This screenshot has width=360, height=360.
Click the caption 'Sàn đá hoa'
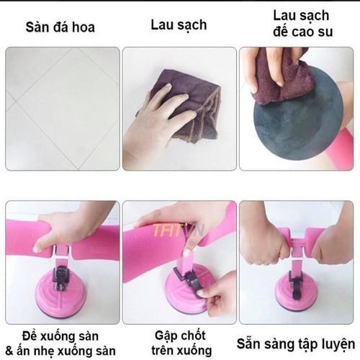[60, 27]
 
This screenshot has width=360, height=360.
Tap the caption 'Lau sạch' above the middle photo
[179, 25]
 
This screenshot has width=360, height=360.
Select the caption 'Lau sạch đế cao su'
[302, 24]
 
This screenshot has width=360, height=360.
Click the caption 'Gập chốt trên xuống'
[181, 343]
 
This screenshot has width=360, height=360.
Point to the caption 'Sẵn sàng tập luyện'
[296, 343]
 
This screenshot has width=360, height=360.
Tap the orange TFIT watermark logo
[178, 230]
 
